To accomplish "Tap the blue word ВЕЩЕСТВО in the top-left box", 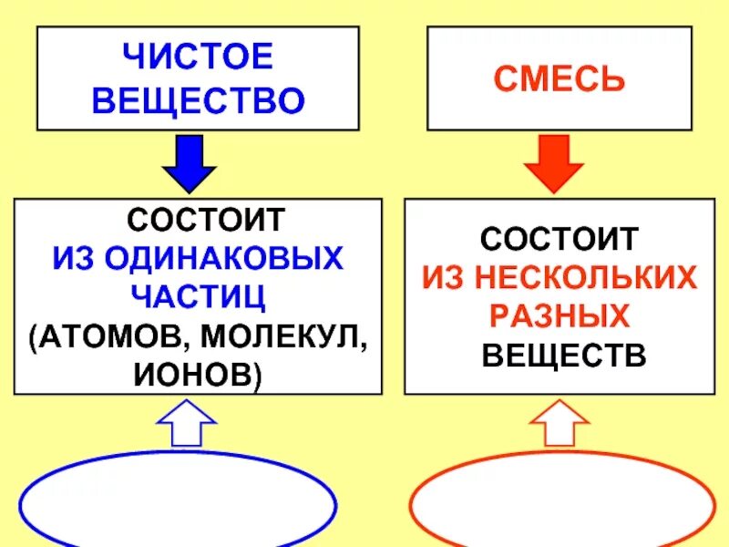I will click(197, 100).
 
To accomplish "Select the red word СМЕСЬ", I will click(560, 78).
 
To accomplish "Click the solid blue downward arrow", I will click(190, 164).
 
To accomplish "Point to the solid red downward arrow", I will click(554, 164).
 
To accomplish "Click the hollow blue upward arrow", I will click(187, 427).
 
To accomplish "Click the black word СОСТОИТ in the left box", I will click(205, 220).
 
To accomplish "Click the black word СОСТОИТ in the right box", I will click(560, 240).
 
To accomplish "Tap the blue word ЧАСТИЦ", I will click(197, 297).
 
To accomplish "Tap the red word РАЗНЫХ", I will click(560, 316).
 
